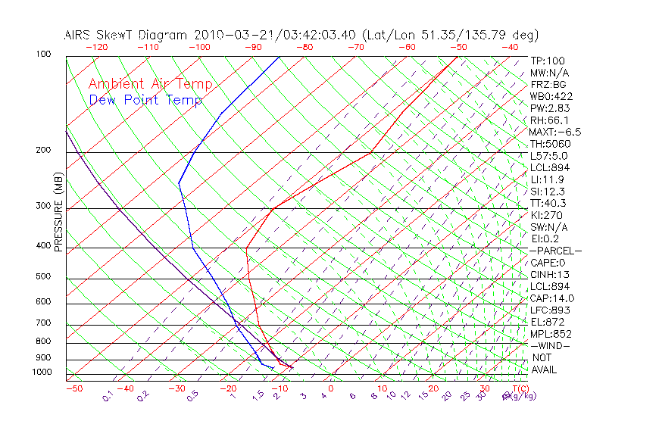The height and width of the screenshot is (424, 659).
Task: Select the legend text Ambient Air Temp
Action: [x=151, y=85]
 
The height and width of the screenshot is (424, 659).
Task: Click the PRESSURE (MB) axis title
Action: [x=59, y=213]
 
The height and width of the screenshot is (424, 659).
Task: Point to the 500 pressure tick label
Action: [x=42, y=276]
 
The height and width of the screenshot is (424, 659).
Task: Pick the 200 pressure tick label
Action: [x=42, y=150]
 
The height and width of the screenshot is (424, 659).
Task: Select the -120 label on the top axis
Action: [x=95, y=47]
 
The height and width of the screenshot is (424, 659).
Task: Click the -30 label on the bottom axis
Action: [x=176, y=389]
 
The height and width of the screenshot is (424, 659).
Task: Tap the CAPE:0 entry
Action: [x=548, y=263]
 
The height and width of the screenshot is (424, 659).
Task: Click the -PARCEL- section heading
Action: [x=555, y=251]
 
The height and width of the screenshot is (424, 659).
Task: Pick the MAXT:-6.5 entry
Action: [x=555, y=132]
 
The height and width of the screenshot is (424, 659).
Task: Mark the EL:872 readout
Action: [x=545, y=322]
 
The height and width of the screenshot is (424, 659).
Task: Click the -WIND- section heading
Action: [x=550, y=346]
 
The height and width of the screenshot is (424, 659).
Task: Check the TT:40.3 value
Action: [x=548, y=203]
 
